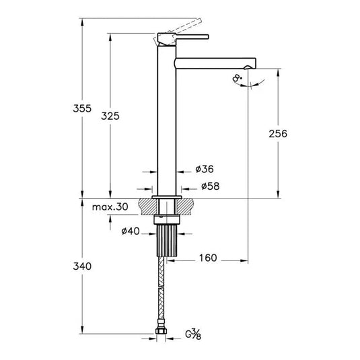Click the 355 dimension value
tap(80, 108)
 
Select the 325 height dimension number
tap(110, 116)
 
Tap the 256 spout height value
tap(277, 133)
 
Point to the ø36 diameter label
tap(205, 169)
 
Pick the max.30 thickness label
tap(110, 207)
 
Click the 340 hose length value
tap(81, 266)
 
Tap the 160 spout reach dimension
tap(208, 258)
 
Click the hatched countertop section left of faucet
tap(145, 204)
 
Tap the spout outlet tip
tap(252, 66)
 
